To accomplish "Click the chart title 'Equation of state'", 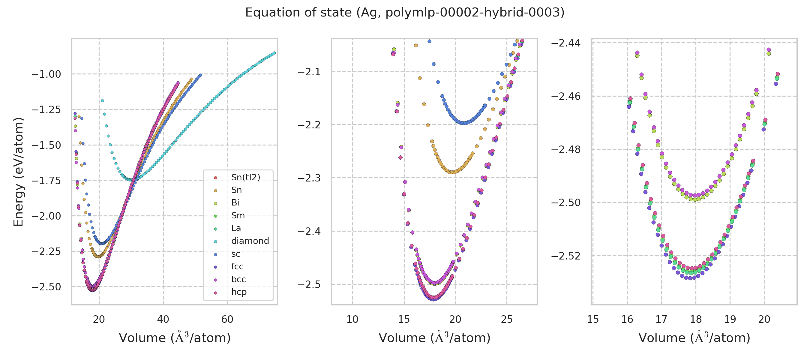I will pyautogui.click(x=405, y=13).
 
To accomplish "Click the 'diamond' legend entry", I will pyautogui.click(x=250, y=241).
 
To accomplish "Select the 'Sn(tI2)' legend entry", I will pyautogui.click(x=246, y=178).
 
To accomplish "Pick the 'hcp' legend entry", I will pyautogui.click(x=239, y=292).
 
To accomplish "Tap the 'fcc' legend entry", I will pyautogui.click(x=237, y=267).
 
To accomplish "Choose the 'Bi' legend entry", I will pyautogui.click(x=235, y=203).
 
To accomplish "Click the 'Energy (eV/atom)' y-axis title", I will pyautogui.click(x=19, y=172).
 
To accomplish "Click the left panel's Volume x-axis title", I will pyautogui.click(x=175, y=338).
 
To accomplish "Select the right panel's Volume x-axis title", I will pyautogui.click(x=694, y=338).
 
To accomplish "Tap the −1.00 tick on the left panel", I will pyautogui.click(x=46, y=74).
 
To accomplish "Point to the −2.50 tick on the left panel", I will pyautogui.click(x=46, y=287).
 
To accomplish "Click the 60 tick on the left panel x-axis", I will pyautogui.click(x=227, y=319).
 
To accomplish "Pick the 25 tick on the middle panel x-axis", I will pyautogui.click(x=507, y=319).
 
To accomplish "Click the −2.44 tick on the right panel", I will pyautogui.click(x=566, y=43).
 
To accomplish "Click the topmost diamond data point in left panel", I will pyautogui.click(x=102, y=101).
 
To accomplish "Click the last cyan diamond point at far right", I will pyautogui.click(x=274, y=53).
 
